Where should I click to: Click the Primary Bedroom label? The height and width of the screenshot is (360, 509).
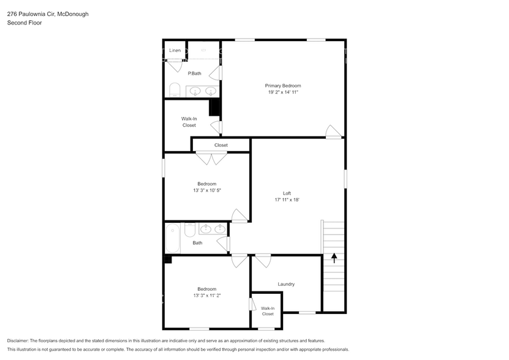[x=282, y=86]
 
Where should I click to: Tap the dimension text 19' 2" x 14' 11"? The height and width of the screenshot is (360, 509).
[x=282, y=92]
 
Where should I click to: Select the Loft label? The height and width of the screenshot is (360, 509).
[x=286, y=193]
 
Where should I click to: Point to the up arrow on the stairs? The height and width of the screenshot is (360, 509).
[x=334, y=258]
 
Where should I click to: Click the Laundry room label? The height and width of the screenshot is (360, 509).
[x=286, y=284]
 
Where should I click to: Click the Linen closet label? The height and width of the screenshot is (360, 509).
[x=175, y=50]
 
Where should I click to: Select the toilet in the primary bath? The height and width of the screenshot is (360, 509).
[x=174, y=91]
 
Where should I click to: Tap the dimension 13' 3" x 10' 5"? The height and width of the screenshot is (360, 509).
[x=206, y=190]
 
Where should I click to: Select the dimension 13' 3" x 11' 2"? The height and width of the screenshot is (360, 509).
[x=206, y=295]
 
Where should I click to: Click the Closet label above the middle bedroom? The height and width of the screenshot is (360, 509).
[x=221, y=145]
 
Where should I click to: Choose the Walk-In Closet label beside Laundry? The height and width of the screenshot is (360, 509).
[x=268, y=311]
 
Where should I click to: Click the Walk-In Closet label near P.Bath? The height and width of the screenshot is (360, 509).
[x=189, y=122]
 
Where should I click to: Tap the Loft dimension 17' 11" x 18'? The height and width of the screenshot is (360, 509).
[x=286, y=200]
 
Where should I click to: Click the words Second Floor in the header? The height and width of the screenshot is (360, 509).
[x=23, y=23]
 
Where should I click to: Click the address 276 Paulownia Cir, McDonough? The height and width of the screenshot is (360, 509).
[x=48, y=13]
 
